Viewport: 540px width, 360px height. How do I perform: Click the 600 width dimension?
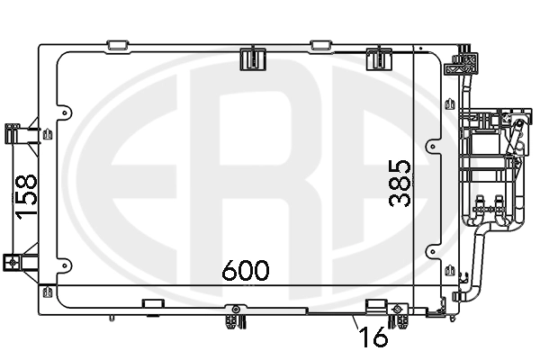coord(245,270)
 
